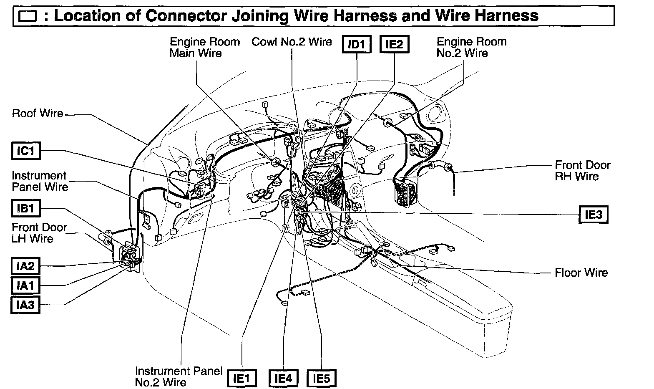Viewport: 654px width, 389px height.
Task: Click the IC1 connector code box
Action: tap(26, 151)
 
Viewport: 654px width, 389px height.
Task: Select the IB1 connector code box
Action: tap(25, 208)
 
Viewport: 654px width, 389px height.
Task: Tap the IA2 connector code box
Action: tap(25, 266)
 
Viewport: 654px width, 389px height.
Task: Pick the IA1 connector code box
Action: tap(25, 286)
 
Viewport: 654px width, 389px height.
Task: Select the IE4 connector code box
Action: tap(283, 379)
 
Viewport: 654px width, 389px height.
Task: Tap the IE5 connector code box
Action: tap(321, 379)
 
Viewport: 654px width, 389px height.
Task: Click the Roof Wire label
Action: tap(38, 114)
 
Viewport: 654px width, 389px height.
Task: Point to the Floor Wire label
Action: tap(581, 273)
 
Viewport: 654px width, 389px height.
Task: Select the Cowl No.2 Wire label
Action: tap(292, 42)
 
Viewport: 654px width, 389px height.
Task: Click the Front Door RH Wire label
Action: tap(582, 171)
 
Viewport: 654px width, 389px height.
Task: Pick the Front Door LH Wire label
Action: tap(39, 233)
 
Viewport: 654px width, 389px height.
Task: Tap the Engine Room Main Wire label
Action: tap(204, 48)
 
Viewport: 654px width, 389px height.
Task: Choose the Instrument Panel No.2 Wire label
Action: tap(178, 376)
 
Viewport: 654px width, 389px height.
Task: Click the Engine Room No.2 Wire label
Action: tap(471, 48)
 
